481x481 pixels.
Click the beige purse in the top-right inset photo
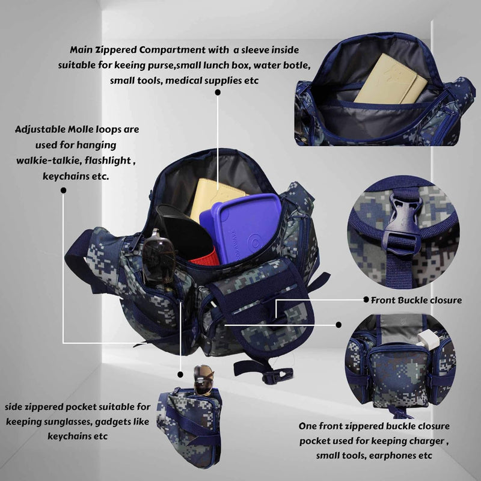[x=390, y=81]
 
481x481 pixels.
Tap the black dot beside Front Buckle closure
[x=366, y=299]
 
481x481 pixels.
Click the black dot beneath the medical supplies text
[x=218, y=93]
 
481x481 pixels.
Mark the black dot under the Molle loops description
[x=64, y=191]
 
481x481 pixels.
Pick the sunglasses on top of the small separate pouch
[x=203, y=379]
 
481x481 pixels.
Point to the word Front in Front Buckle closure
[x=381, y=300]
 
